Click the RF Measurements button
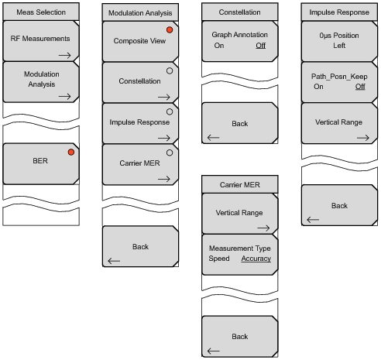[39, 39]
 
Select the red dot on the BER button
[70, 152]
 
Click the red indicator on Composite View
[170, 29]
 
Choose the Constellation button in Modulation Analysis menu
[139, 81]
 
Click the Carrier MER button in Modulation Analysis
[139, 164]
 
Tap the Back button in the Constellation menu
[239, 124]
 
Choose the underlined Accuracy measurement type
[256, 258]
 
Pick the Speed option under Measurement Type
[219, 258]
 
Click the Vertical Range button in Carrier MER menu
[239, 213]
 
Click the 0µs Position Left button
[338, 40]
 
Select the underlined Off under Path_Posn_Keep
[360, 87]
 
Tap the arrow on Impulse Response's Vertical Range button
[362, 135]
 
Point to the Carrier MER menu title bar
[239, 183]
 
